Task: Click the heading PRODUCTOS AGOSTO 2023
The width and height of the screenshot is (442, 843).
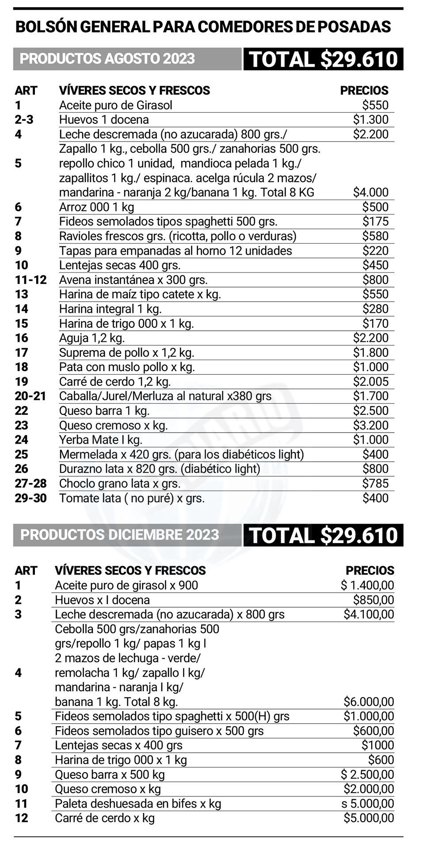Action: pos(107,59)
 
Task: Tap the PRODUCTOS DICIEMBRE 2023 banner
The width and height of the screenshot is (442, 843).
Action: pos(120,535)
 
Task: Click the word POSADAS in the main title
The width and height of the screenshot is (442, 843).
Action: pos(354,27)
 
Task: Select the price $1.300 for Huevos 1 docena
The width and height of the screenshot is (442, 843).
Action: pos(370,120)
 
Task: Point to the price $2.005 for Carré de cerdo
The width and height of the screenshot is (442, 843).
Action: pos(370,382)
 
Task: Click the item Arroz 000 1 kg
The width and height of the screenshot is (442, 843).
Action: pos(96,207)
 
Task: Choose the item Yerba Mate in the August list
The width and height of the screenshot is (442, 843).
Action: pos(100,440)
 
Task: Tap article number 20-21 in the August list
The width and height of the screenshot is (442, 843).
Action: pos(30,396)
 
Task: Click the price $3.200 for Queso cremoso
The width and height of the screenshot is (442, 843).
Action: pos(370,425)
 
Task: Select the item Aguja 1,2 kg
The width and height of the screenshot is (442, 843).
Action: pos(92,338)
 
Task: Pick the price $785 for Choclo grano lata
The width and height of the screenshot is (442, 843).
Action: pos(375,483)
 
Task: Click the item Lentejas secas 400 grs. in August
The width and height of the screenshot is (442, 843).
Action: pos(120,265)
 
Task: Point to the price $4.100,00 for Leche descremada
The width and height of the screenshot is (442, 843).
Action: pos(369,614)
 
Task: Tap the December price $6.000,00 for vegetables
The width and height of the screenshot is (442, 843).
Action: pos(369,702)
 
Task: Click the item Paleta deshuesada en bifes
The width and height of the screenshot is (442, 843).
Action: pos(137,804)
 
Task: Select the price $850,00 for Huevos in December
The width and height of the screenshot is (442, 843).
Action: pos(373,600)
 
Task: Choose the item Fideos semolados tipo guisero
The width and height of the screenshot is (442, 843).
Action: pos(159,731)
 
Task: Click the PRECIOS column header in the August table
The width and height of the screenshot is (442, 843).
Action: pos(364,91)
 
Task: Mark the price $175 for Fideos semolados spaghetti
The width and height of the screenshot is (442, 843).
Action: pos(375,222)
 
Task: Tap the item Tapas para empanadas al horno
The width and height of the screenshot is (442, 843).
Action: pos(175,251)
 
